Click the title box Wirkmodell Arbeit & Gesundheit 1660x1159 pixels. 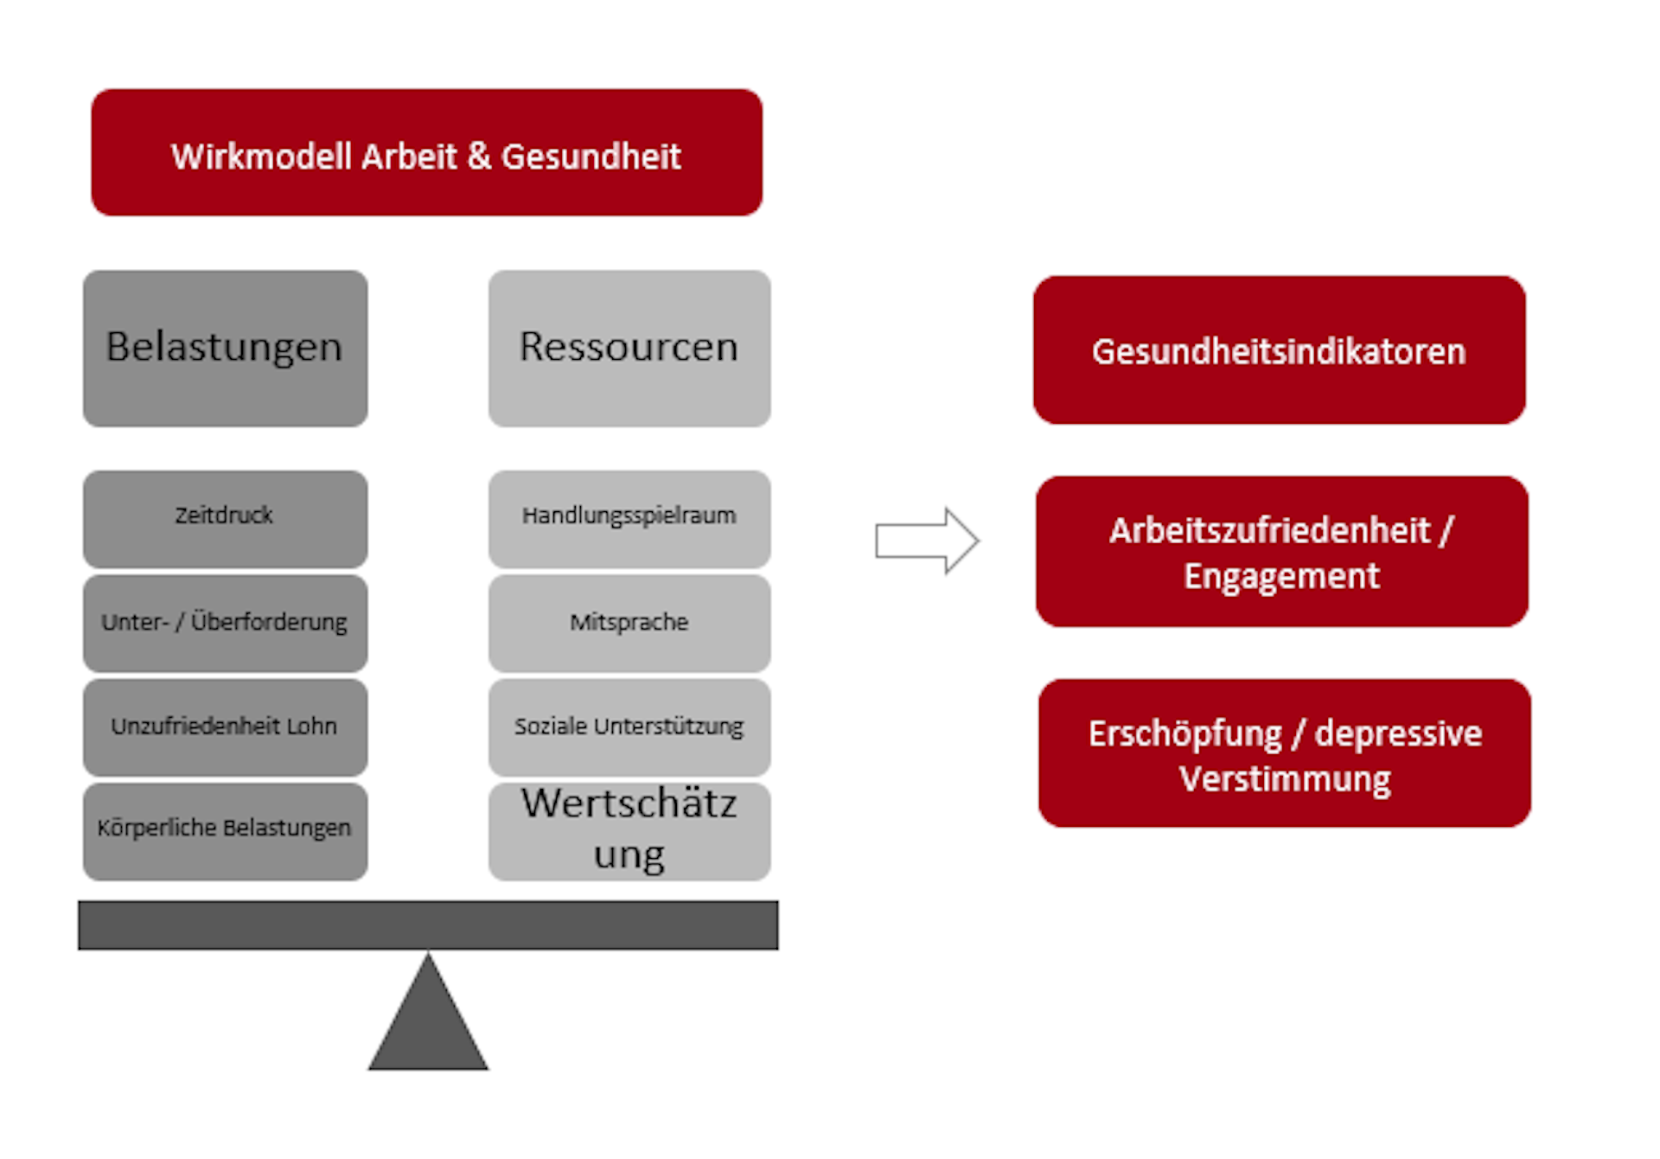point(426,152)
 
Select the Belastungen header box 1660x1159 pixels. point(225,348)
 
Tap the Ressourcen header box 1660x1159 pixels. point(629,348)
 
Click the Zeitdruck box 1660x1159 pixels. point(225,518)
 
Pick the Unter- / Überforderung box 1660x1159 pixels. point(225,623)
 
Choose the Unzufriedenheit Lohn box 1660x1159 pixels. point(225,727)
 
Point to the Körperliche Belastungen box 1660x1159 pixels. point(225,830)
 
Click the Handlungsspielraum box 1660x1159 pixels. point(629,518)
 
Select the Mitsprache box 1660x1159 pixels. point(629,623)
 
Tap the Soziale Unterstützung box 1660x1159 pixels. point(629,727)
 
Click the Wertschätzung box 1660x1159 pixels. point(629,830)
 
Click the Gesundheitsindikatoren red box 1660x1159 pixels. point(1279,350)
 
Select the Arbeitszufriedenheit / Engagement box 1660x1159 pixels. point(1281,552)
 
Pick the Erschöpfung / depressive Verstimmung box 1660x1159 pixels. point(1284,753)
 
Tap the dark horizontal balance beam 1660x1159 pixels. point(428,925)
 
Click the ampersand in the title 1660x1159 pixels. point(479,157)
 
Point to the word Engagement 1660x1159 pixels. point(1281,577)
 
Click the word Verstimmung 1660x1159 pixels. point(1285,779)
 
